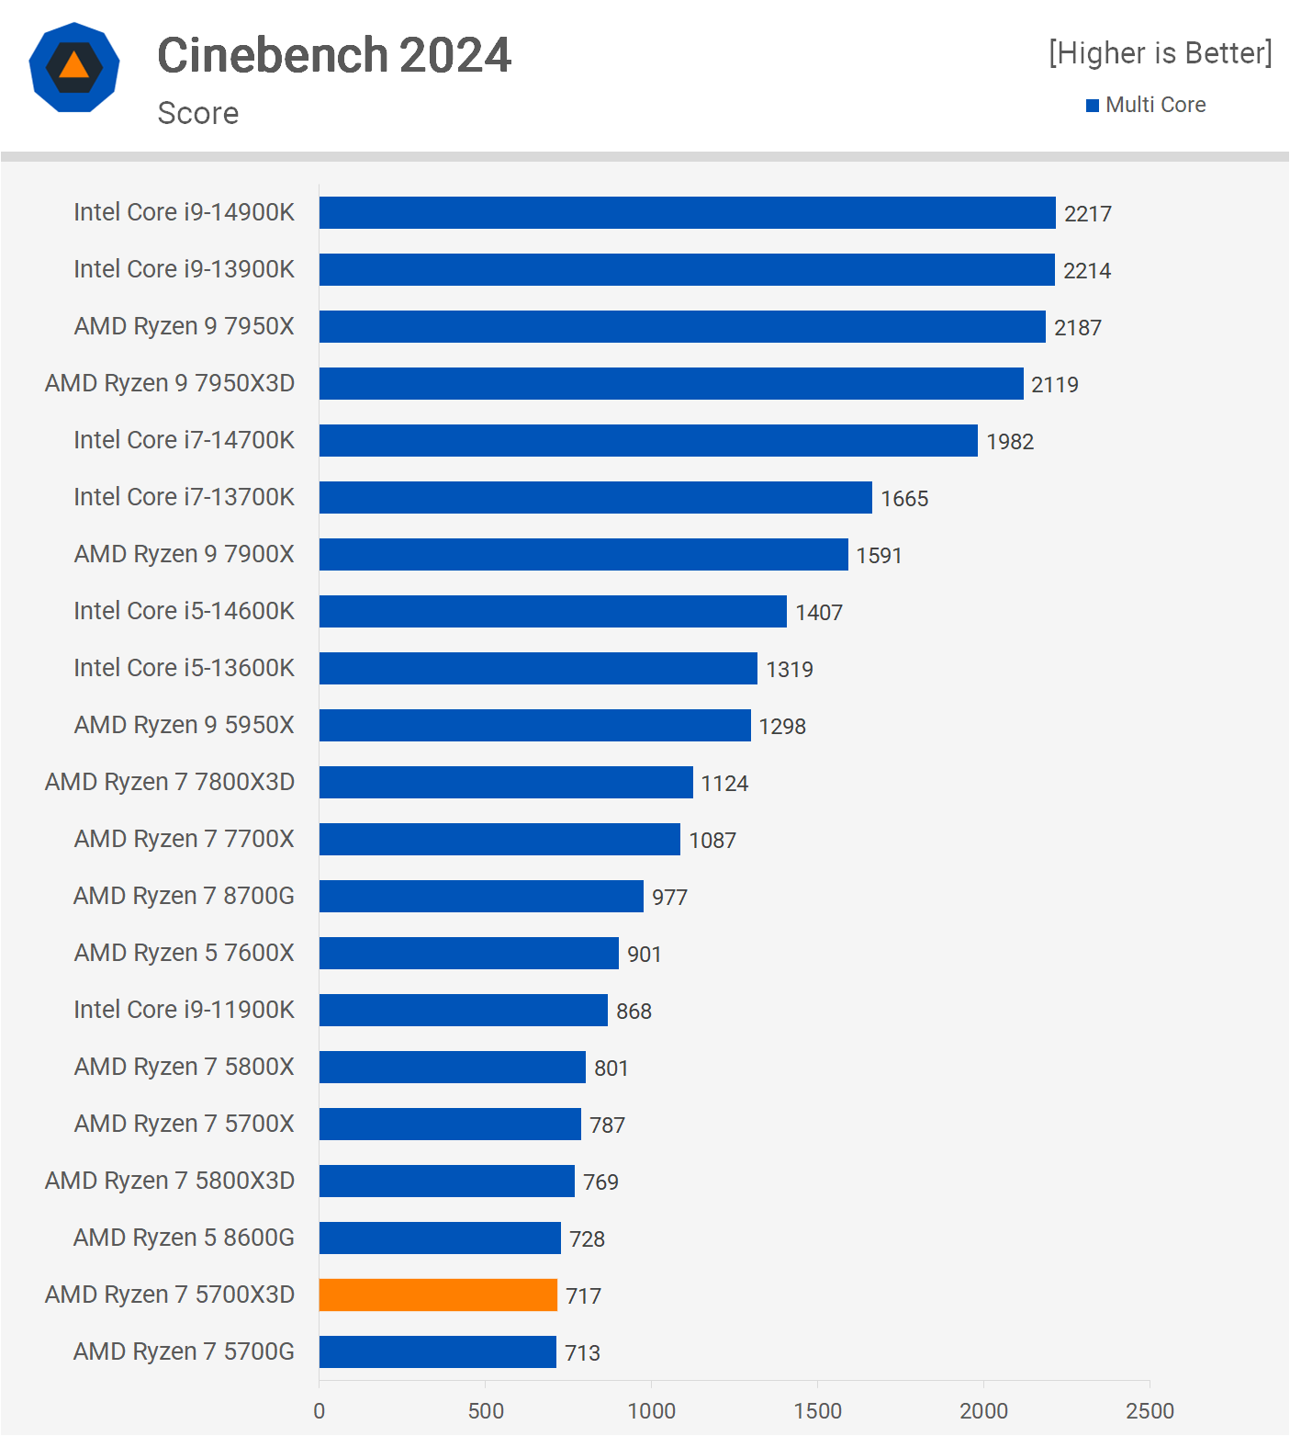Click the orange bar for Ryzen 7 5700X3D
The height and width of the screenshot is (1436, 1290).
438,1295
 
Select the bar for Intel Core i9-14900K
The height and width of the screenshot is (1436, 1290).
687,212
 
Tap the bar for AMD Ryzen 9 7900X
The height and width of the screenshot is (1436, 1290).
583,554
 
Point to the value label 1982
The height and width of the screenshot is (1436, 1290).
1010,442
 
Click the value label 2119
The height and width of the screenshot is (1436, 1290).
1054,385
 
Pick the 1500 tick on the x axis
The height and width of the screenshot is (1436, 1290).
817,1410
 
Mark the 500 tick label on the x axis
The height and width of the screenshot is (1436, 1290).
486,1410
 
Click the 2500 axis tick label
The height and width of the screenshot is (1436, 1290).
1150,1410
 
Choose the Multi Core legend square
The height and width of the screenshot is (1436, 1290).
1093,106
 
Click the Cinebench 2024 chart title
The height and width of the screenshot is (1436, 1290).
334,55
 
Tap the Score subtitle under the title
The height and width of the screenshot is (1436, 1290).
198,113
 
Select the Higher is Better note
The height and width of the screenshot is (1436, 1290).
1161,53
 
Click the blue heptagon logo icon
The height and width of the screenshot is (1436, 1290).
74,67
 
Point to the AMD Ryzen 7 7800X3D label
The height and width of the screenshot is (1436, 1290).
170,782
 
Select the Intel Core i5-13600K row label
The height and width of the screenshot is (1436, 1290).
184,668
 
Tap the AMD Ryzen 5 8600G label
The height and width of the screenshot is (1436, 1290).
184,1238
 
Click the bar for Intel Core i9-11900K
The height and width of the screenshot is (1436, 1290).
463,1010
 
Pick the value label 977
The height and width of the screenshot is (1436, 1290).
669,898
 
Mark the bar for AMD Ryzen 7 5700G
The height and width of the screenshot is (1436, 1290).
437,1351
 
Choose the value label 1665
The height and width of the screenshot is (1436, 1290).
904,499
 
